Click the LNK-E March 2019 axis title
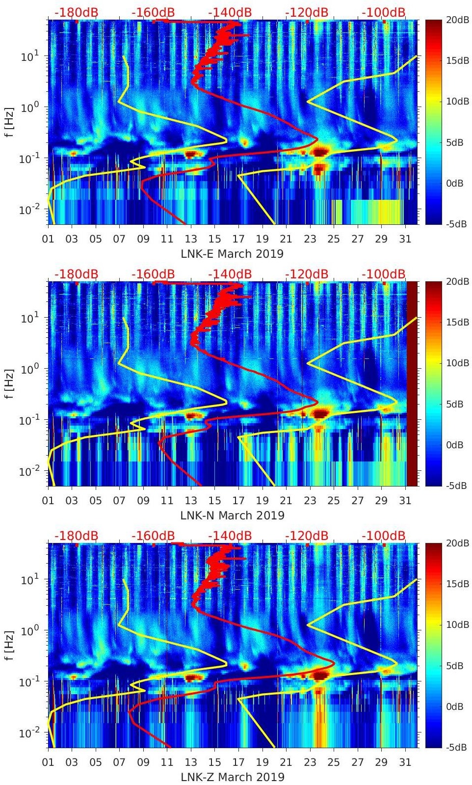pos(232,254)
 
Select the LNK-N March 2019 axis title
pos(232,515)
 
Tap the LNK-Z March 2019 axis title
pos(232,777)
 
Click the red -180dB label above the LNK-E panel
pos(76,12)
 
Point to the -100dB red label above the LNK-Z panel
pos(384,536)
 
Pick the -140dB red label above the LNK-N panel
pos(230,274)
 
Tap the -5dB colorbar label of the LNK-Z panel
pos(456,747)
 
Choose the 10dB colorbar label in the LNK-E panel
pos(457,102)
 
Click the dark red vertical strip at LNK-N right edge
pos(412,383)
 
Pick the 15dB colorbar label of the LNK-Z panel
pos(457,584)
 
